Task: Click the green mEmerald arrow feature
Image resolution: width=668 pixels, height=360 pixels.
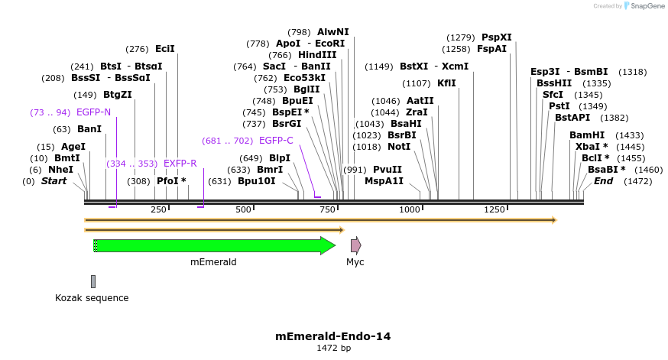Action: pos(214,245)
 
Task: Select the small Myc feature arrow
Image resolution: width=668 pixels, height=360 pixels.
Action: pos(355,245)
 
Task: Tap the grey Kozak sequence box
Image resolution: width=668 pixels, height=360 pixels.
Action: pos(93,282)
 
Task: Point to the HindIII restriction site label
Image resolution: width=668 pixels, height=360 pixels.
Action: pos(317,55)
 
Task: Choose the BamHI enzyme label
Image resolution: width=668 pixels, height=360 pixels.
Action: pos(587,135)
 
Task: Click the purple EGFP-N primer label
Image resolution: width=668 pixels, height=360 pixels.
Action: pos(94,112)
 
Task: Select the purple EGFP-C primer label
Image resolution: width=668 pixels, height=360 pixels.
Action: pos(276,141)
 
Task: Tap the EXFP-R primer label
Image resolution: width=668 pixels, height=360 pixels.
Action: pos(180,164)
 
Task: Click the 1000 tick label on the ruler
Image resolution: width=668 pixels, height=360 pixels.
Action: pos(410,209)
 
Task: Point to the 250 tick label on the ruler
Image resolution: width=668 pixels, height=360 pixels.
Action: pos(159,209)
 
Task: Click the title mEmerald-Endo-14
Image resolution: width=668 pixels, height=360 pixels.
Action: pos(333,336)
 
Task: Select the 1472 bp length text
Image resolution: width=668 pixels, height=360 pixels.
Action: pos(333,348)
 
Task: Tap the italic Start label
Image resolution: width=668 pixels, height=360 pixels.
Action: pos(54,181)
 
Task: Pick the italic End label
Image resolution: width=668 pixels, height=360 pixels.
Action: pos(604,181)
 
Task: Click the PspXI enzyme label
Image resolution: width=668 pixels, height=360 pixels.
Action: pos(497,37)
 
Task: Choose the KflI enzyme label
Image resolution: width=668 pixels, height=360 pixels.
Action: pos(446,83)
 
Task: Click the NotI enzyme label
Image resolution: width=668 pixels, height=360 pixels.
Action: pos(399,147)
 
